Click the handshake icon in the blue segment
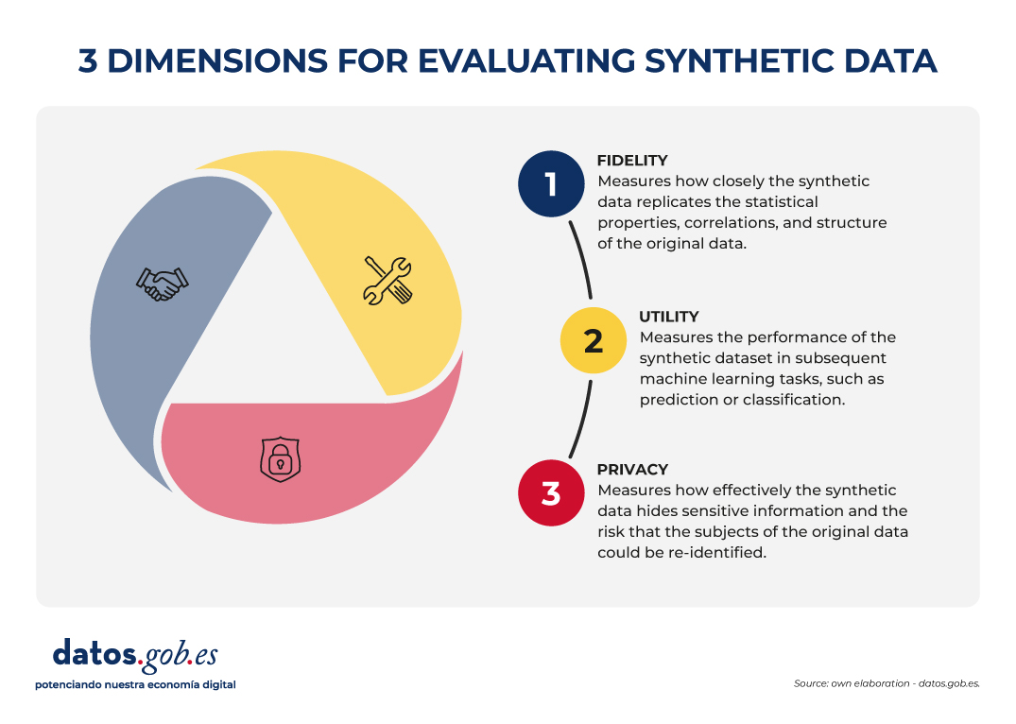pos(162,284)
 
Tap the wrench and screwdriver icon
pos(387,281)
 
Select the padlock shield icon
pos(280,459)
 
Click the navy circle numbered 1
pos(551,184)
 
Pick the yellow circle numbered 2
pos(594,340)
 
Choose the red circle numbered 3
pos(551,493)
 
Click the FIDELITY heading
pos(632,161)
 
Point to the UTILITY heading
pos(669,317)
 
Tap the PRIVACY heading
pos(632,470)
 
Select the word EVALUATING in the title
pos(526,60)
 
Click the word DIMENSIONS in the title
pos(217,60)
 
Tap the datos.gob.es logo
pos(135,656)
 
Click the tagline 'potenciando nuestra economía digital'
pos(135,685)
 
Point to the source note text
pos(887,683)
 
